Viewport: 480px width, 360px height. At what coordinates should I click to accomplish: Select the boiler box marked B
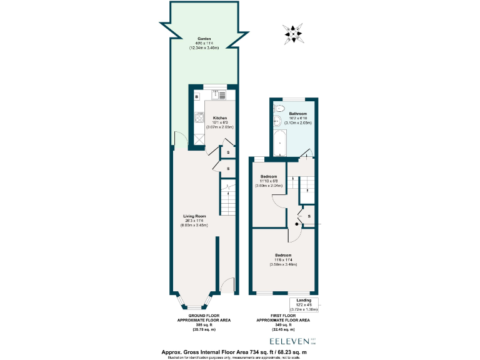[196, 97]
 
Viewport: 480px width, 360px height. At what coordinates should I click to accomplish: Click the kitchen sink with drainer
[219, 95]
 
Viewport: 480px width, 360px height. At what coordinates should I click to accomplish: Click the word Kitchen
[220, 118]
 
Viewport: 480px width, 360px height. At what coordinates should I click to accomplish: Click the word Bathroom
[297, 114]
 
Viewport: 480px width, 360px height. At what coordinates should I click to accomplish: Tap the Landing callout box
[304, 304]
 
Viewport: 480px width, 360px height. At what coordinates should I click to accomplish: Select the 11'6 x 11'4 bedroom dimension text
[283, 260]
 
